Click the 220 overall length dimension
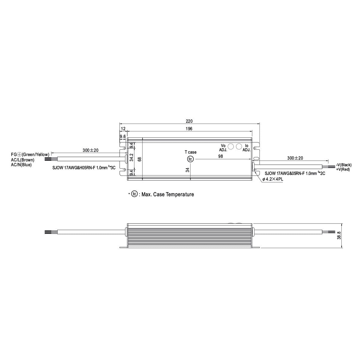tap(189, 121)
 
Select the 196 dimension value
tap(189, 129)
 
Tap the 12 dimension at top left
tap(123, 129)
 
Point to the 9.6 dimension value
tap(123, 137)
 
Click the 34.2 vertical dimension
tap(131, 158)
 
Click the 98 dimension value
tap(220, 156)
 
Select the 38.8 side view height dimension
tap(339, 235)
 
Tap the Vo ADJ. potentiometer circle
tap(231, 146)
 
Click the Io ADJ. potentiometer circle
tap(239, 146)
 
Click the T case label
tap(190, 152)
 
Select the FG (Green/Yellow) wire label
tap(30, 154)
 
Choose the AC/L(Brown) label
tap(23, 160)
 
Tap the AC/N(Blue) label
tap(21, 165)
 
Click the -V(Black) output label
tap(344, 165)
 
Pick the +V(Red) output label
tap(343, 169)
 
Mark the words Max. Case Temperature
tap(168, 194)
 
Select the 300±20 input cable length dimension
tap(91, 150)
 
